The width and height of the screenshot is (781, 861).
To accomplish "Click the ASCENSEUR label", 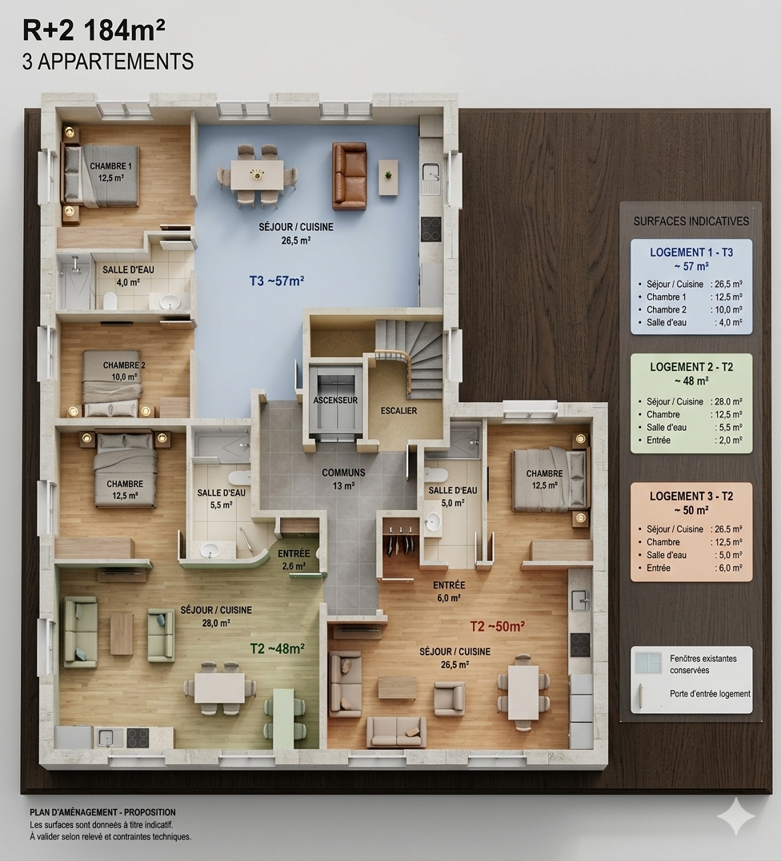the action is point(335,401).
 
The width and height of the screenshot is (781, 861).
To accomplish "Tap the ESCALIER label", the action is point(399,411).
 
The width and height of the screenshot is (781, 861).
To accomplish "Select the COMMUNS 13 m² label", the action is point(343,478).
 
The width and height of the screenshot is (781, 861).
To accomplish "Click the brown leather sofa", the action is point(349,176).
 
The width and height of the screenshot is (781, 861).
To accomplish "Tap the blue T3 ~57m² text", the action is point(276,281).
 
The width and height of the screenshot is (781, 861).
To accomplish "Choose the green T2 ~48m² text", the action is point(278,648).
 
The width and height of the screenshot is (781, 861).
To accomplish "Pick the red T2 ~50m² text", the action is point(497,627).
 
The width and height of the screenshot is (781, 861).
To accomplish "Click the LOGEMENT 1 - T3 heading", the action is point(691,253).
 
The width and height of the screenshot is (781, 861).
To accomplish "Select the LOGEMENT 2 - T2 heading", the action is point(691,367).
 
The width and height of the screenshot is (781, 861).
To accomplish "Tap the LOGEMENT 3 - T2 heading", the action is point(691,496).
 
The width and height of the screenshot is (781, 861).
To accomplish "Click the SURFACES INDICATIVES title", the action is point(691,221).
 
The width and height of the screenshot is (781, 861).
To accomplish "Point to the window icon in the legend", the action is point(648,663).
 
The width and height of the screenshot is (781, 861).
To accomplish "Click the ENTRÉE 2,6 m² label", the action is point(294,560).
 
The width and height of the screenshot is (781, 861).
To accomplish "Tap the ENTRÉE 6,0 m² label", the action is point(449,592).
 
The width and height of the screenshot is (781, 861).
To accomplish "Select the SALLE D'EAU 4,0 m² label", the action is point(128,276).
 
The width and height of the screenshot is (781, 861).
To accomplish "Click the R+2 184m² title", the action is point(94,30).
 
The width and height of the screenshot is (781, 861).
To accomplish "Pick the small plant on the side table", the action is point(389,175).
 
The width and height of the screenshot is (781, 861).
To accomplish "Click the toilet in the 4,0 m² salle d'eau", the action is point(110,300).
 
